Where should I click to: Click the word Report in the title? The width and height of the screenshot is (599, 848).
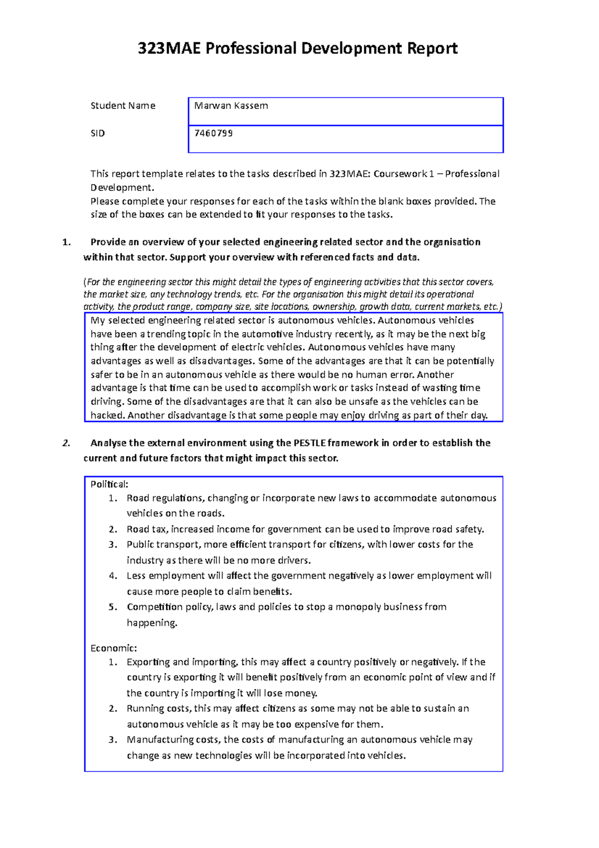pyautogui.click(x=432, y=48)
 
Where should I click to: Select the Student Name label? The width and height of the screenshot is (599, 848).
pyautogui.click(x=123, y=106)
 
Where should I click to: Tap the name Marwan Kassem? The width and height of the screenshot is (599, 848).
pyautogui.click(x=231, y=106)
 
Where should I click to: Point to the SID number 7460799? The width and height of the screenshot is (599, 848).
pyautogui.click(x=214, y=133)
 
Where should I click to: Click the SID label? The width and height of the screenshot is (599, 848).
pyautogui.click(x=97, y=133)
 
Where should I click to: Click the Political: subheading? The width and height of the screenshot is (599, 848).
pyautogui.click(x=109, y=484)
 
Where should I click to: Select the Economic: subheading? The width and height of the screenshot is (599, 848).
pyautogui.click(x=113, y=648)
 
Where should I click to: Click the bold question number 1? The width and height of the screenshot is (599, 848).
pyautogui.click(x=66, y=242)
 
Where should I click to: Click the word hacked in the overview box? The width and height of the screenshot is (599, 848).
pyautogui.click(x=107, y=415)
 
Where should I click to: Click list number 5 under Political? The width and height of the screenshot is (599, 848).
pyautogui.click(x=113, y=607)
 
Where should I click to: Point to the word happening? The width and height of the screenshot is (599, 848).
pyautogui.click(x=152, y=623)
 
